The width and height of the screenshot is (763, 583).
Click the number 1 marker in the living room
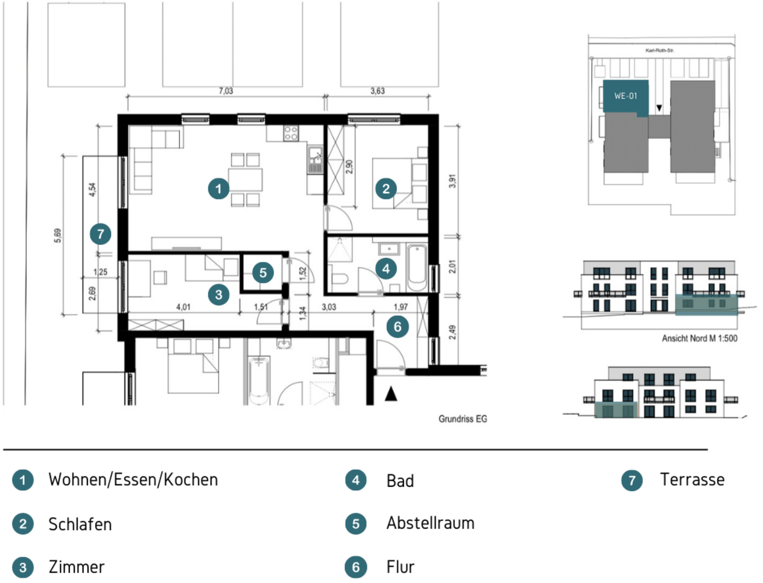218,189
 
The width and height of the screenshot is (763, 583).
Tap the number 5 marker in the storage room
263,273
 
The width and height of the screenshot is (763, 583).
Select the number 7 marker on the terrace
101,234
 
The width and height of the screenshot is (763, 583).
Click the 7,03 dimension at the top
226,91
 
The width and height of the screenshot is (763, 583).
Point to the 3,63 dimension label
378,91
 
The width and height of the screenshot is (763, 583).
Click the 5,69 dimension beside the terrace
57,236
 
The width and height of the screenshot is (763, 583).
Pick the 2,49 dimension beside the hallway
452,332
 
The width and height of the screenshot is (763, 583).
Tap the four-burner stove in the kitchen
291,133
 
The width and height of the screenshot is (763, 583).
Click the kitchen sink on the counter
315,159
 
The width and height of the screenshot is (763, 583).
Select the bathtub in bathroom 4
417,268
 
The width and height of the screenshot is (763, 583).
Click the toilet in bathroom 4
339,278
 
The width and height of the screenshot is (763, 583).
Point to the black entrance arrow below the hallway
391,394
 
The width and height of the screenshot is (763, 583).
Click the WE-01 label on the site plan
625,96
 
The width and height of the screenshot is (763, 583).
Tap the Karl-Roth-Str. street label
660,50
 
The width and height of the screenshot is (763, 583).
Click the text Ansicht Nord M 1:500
699,338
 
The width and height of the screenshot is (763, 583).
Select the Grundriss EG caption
462,419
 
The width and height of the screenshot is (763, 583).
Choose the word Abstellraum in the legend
430,523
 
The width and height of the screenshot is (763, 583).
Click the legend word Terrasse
692,480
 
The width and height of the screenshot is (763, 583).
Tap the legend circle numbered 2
23,524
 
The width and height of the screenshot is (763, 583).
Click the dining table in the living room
245,180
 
